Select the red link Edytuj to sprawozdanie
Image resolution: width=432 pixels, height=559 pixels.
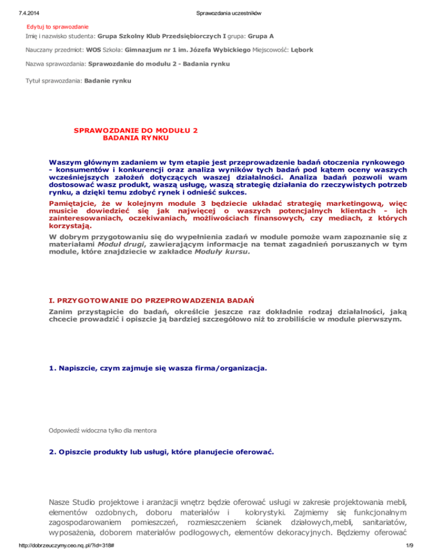pyautogui.click(x=58, y=26)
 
